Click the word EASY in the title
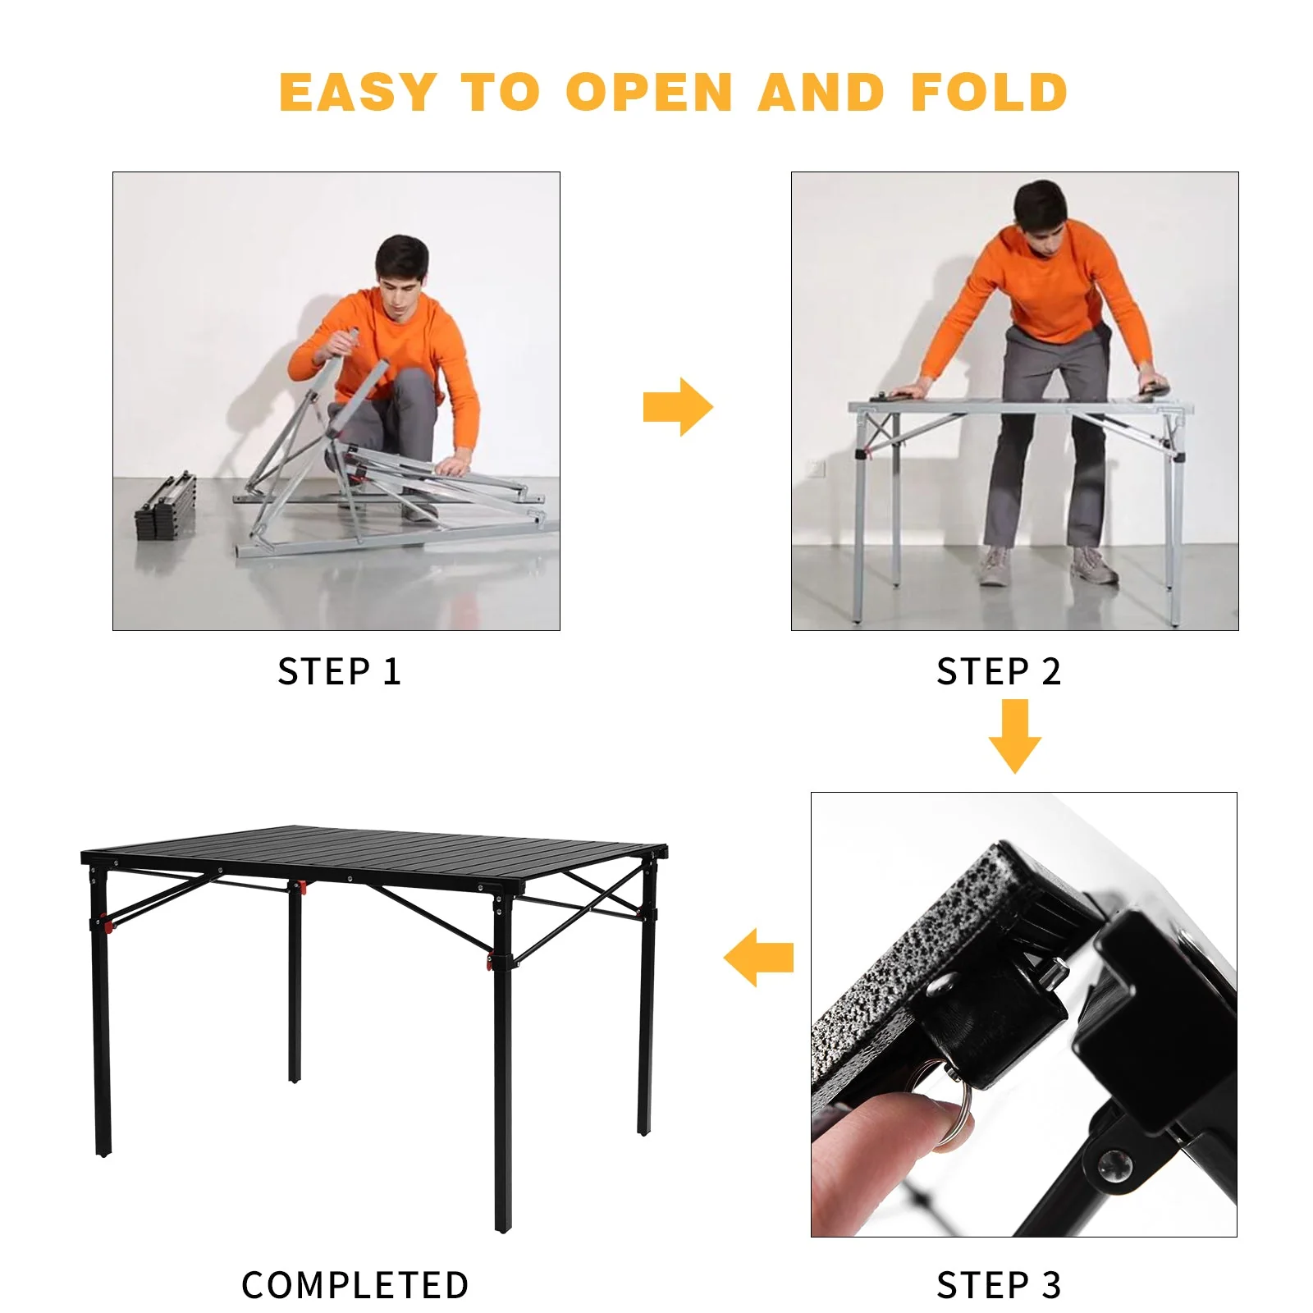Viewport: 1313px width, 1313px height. [x=357, y=92]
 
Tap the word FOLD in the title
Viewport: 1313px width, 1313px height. [x=989, y=92]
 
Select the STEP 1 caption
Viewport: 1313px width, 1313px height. [x=339, y=672]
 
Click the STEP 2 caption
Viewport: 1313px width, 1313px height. [x=999, y=672]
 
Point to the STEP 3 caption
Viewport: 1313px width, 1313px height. [x=999, y=1285]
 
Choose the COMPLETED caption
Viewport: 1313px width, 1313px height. [x=355, y=1285]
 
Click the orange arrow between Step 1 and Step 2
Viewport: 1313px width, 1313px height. [x=678, y=407]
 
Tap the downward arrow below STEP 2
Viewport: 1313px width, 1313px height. [x=1015, y=736]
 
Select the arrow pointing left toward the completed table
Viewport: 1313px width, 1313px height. [x=759, y=958]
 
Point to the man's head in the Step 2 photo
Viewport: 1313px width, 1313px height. [x=1040, y=208]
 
